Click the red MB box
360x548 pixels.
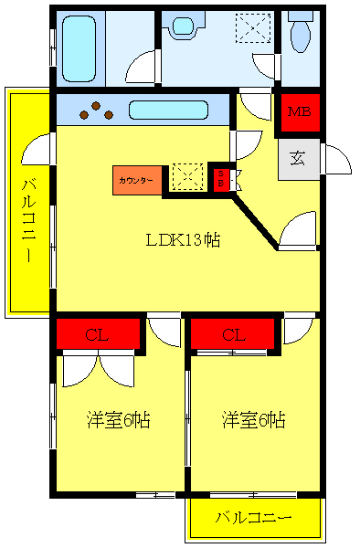pyautogui.click(x=299, y=113)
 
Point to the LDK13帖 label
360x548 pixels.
pyautogui.click(x=184, y=240)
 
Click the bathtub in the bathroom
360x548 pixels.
pyautogui.click(x=79, y=47)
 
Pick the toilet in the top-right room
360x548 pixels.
pyautogui.click(x=299, y=36)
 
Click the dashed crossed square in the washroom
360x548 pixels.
pyautogui.click(x=253, y=27)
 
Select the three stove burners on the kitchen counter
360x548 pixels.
pyautogui.click(x=96, y=111)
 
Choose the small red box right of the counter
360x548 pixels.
pyautogui.click(x=220, y=179)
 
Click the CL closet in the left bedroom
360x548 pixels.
pyautogui.click(x=98, y=335)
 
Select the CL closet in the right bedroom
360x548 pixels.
pyautogui.click(x=233, y=335)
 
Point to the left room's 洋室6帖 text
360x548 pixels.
pyautogui.click(x=119, y=420)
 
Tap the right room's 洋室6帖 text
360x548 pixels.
pyautogui.click(x=254, y=420)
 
